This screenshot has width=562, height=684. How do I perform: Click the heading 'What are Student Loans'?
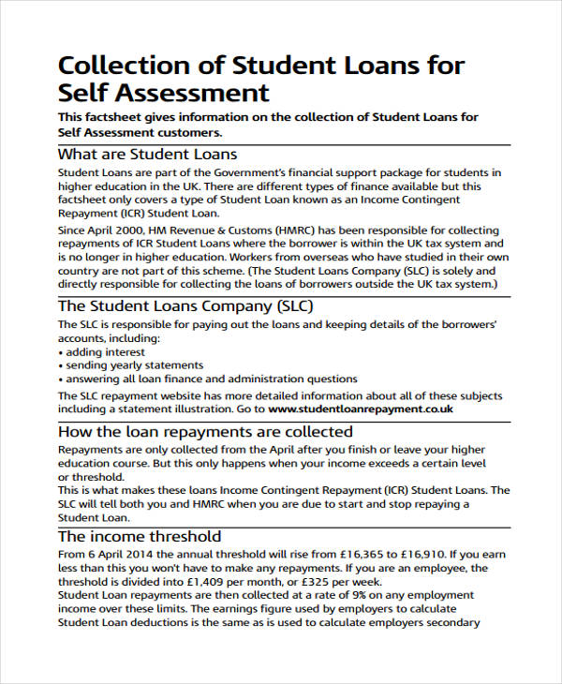click(147, 154)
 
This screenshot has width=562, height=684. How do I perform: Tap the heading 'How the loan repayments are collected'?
click(205, 432)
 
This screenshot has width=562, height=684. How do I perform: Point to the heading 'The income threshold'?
click(140, 536)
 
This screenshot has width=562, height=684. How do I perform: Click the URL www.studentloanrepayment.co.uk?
click(361, 409)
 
